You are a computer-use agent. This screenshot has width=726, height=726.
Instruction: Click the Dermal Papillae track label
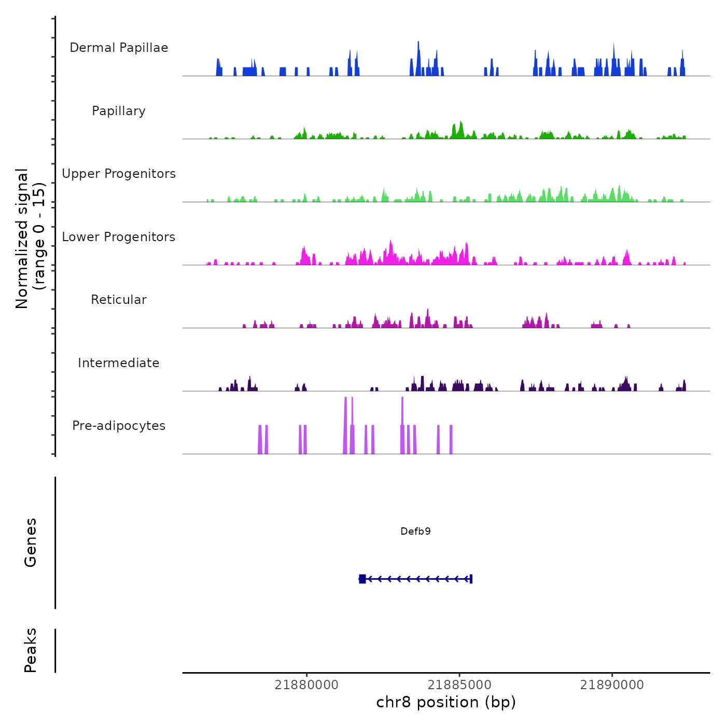pos(119,48)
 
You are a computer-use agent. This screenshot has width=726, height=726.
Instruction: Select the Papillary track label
pos(119,111)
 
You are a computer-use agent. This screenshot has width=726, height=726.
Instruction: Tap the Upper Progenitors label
pos(119,174)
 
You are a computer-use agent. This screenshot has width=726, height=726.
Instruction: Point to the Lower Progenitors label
pos(119,237)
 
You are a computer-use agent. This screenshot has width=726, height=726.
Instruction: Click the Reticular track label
pos(119,300)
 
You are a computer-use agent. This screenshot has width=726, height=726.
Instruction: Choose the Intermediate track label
pos(119,363)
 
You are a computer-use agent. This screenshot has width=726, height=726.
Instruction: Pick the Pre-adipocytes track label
pos(119,426)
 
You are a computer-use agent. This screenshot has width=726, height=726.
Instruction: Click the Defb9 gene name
pos(415,532)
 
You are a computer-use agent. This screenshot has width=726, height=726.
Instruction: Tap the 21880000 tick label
pos(306,685)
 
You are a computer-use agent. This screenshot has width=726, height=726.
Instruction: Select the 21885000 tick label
pos(459,685)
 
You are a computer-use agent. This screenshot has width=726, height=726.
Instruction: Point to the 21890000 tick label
pos(612,685)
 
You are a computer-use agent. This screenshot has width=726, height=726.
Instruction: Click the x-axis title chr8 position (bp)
pos(446,703)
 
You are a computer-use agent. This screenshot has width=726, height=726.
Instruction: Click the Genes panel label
pos(31,542)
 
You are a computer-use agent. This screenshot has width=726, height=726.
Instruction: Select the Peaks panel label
pos(31,650)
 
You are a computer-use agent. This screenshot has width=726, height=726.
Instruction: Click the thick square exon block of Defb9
pos(362,579)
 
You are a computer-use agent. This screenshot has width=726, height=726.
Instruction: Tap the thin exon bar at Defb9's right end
pos(470,579)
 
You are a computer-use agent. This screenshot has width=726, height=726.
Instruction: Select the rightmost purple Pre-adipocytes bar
pos(451,440)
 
